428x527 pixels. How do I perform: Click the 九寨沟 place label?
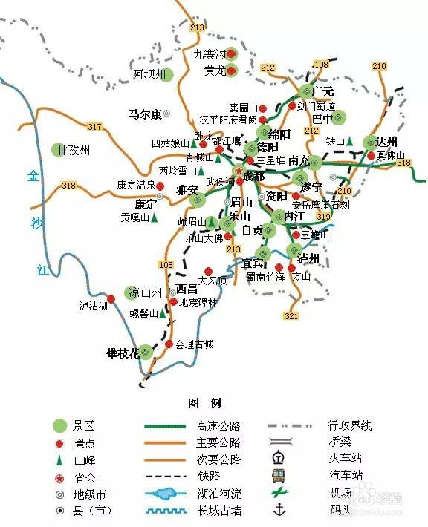coord(207,54)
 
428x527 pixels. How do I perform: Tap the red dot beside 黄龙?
coord(231,71)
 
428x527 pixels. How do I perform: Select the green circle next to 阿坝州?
coord(166,74)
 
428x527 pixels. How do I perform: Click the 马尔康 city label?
coord(145,114)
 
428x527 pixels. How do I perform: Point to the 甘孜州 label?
coord(77,150)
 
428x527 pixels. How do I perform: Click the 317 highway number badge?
coord(94,127)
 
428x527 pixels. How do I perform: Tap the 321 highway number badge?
coord(291,316)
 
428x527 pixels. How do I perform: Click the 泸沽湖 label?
coord(94,305)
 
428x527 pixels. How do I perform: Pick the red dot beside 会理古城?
coord(169,344)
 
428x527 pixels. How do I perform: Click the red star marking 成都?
coord(238,170)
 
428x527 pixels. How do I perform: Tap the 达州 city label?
coord(387,142)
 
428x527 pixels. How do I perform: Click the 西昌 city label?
coord(187,289)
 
